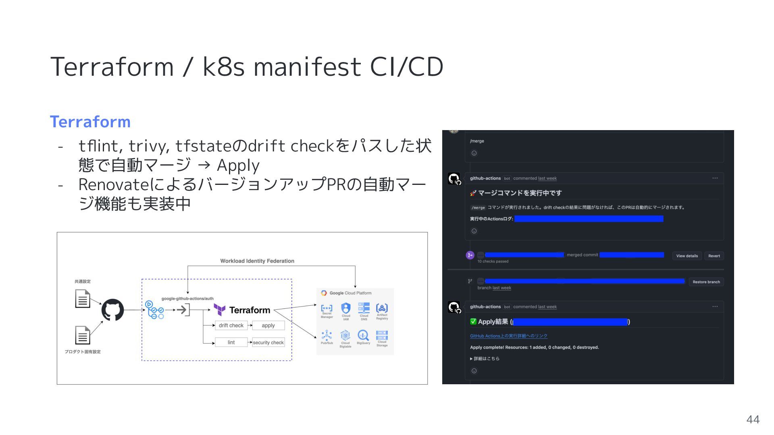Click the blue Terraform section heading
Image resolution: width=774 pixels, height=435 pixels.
coord(90,122)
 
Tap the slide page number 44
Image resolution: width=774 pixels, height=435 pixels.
coord(753,420)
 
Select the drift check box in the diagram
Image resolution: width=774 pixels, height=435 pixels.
coord(231,325)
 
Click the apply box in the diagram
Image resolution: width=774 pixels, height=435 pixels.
coord(268,325)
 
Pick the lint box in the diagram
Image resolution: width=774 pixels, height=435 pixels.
coord(231,342)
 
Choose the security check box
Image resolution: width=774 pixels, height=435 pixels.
coord(268,342)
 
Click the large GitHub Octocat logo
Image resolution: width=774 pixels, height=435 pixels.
coord(112,310)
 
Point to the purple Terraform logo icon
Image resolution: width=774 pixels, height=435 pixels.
coord(220,310)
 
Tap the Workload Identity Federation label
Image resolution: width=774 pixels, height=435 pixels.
coord(257,261)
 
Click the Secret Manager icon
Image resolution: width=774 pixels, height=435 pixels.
coord(327,309)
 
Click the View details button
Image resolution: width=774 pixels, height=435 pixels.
coord(687,256)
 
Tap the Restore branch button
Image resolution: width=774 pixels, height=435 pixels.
coord(706,282)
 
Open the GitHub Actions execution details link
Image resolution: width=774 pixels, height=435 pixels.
coord(508,336)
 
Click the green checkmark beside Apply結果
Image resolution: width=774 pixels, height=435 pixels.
coord(473,321)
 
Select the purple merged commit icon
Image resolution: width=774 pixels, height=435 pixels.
coord(470,255)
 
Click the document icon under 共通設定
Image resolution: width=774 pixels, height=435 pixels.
coord(83,299)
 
